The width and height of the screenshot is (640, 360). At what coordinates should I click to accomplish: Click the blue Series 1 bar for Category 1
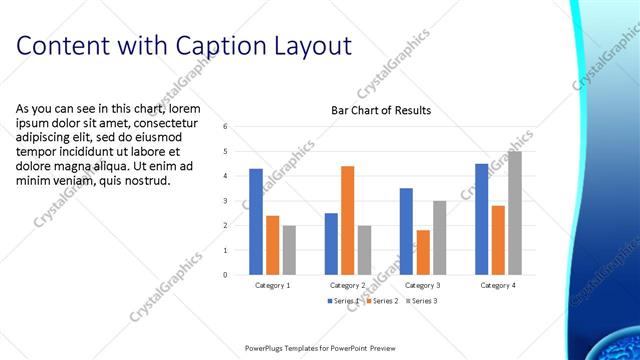(x=256, y=221)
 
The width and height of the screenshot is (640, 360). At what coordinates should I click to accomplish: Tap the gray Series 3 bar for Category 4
(x=514, y=212)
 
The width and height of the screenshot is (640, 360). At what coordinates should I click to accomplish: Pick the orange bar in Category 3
(x=423, y=252)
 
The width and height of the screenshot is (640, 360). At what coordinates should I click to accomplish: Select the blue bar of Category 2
(x=331, y=243)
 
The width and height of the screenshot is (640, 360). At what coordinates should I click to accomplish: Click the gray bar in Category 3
(x=439, y=237)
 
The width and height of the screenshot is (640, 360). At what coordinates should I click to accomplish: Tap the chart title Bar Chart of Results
(x=381, y=110)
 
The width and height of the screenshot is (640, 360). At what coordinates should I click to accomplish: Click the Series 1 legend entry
(x=344, y=300)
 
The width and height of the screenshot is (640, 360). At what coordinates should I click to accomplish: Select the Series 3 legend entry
(x=422, y=300)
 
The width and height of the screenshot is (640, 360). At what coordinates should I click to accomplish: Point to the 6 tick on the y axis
(x=226, y=127)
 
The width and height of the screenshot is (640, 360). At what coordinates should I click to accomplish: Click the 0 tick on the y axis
(x=226, y=274)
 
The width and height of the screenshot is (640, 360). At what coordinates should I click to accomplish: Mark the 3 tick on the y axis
(x=226, y=201)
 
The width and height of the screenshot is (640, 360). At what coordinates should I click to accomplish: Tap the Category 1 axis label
(x=273, y=285)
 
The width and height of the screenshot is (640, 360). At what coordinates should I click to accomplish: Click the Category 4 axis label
(x=498, y=285)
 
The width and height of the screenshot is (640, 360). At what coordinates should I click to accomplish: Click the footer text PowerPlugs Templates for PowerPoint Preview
(x=320, y=347)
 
